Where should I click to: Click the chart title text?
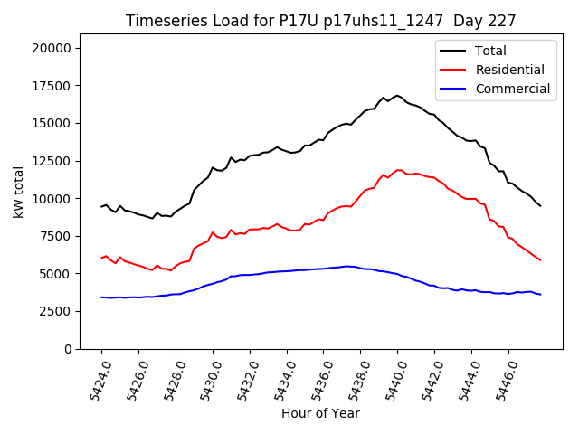point(319,21)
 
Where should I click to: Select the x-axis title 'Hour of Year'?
point(320,413)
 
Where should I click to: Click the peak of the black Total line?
point(397,95)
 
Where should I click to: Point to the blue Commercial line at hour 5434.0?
point(287,271)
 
